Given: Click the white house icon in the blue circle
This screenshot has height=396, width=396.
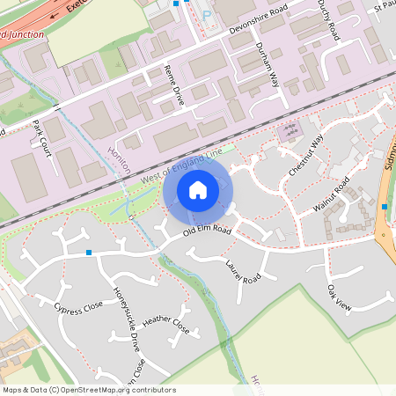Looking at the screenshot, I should click(198, 188).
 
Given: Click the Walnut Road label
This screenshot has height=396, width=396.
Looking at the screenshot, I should click(332, 195).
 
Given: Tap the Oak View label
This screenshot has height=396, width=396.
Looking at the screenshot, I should click(339, 297).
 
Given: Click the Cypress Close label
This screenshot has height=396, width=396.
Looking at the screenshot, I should click(78, 307).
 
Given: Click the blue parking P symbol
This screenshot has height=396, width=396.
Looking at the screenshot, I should click(208, 15).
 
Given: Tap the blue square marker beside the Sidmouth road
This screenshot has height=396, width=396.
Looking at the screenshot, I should click(385, 206).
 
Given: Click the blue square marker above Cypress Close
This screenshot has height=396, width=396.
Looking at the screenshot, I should click(89, 253).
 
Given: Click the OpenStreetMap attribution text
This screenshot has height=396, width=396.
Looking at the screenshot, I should click(88, 390).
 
